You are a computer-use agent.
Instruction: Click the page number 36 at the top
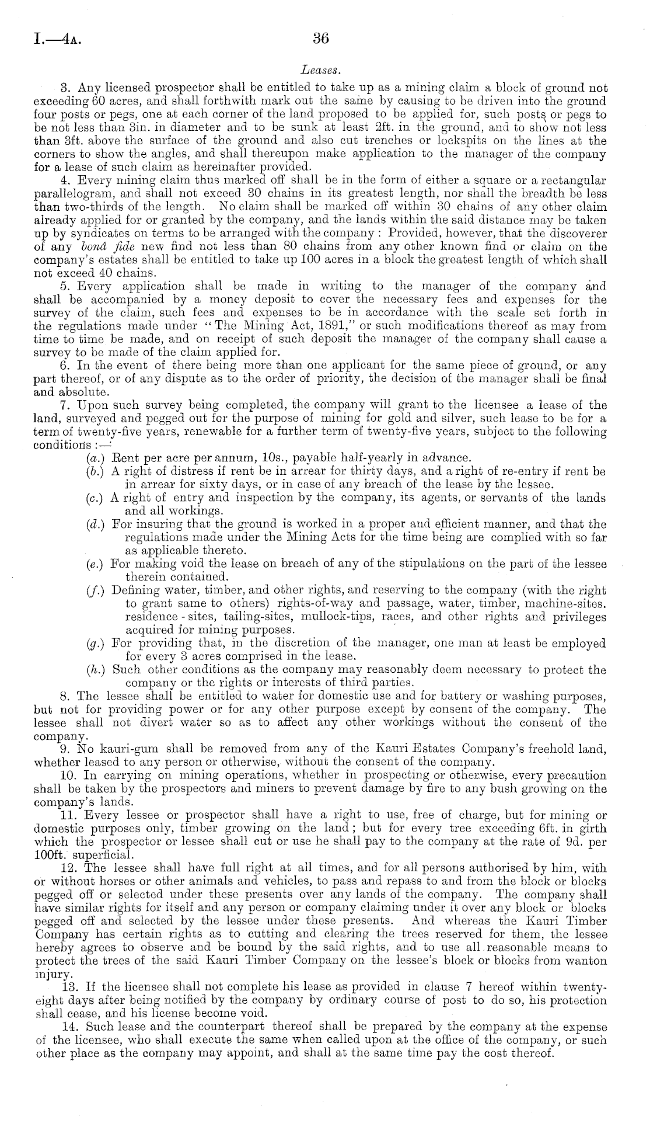pos(321,39)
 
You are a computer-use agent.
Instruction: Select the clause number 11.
pos(69,815)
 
